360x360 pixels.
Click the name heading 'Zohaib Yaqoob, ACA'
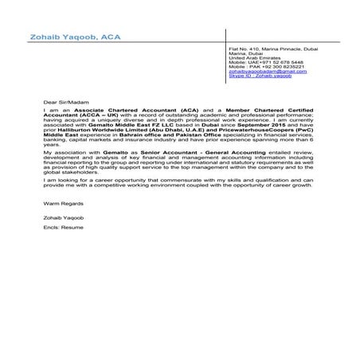(x=65, y=37)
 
